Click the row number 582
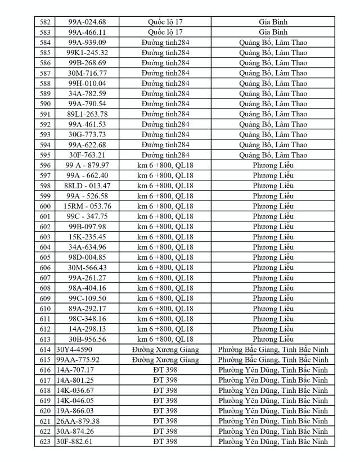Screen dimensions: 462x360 (46, 22)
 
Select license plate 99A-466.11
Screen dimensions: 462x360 (87, 32)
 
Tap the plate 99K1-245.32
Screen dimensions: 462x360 (87, 52)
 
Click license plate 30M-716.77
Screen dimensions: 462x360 (87, 73)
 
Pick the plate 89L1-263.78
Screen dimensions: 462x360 (87, 114)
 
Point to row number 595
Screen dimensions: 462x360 (46, 155)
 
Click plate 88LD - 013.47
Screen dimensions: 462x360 (87, 185)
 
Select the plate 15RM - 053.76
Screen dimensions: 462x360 (87, 206)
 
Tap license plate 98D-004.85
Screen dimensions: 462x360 (87, 257)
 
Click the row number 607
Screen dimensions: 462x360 (46, 278)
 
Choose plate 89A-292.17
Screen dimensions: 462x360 (87, 309)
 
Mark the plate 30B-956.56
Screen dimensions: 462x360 (87, 339)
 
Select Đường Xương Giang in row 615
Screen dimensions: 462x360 (165, 360)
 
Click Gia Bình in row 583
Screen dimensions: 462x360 (273, 32)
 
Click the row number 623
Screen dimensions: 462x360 (46, 442)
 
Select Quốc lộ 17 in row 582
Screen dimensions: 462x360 (165, 22)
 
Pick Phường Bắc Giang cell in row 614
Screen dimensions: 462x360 (273, 350)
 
